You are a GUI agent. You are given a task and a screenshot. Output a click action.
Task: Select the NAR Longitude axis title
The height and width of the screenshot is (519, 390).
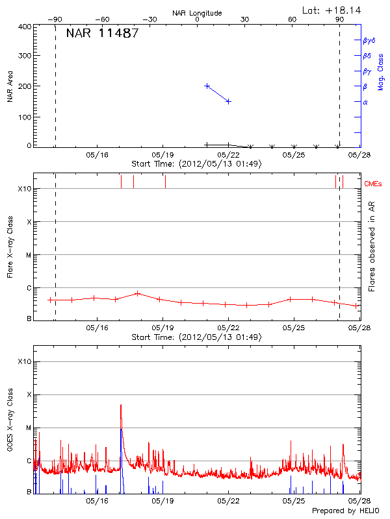pos(197,13)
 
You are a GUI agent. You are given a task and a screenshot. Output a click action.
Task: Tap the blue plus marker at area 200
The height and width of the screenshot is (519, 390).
pos(207,86)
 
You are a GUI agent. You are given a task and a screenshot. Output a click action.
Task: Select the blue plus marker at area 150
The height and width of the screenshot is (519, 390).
pos(228,101)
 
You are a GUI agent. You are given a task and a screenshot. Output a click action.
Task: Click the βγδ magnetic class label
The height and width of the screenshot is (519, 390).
pos(369,40)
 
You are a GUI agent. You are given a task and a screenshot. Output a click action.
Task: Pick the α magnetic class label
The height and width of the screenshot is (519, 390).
pos(365,102)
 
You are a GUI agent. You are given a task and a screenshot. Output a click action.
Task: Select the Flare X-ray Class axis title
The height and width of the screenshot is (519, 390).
pos(10,245)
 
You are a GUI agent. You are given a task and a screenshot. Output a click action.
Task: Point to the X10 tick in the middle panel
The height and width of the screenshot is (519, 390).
pos(25,189)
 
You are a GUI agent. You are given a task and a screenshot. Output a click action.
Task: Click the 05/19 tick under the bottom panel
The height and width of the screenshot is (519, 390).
pos(162,501)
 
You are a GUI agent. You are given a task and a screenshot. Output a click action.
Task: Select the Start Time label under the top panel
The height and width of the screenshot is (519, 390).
pos(196,164)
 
